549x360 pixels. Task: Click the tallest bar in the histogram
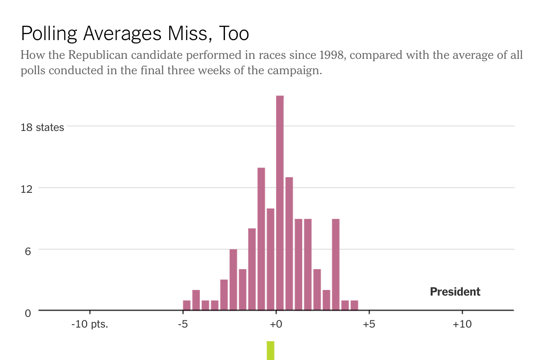(280, 203)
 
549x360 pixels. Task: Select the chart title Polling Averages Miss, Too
(134, 33)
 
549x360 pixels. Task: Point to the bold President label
(455, 292)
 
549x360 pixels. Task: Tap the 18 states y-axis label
(42, 127)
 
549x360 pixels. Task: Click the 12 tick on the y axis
(26, 189)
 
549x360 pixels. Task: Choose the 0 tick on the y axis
(28, 313)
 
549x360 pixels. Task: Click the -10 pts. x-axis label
(90, 324)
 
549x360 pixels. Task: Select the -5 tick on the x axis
(183, 324)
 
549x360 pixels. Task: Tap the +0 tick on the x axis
(276, 324)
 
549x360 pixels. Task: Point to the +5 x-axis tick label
(369, 324)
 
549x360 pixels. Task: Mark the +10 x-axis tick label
(462, 324)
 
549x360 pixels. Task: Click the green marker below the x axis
(270, 350)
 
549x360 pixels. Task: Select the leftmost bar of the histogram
(187, 305)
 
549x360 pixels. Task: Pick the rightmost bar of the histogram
(354, 305)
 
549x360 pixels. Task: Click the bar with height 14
(261, 239)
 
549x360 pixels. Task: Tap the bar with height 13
(289, 244)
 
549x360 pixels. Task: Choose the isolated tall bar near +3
(336, 264)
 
